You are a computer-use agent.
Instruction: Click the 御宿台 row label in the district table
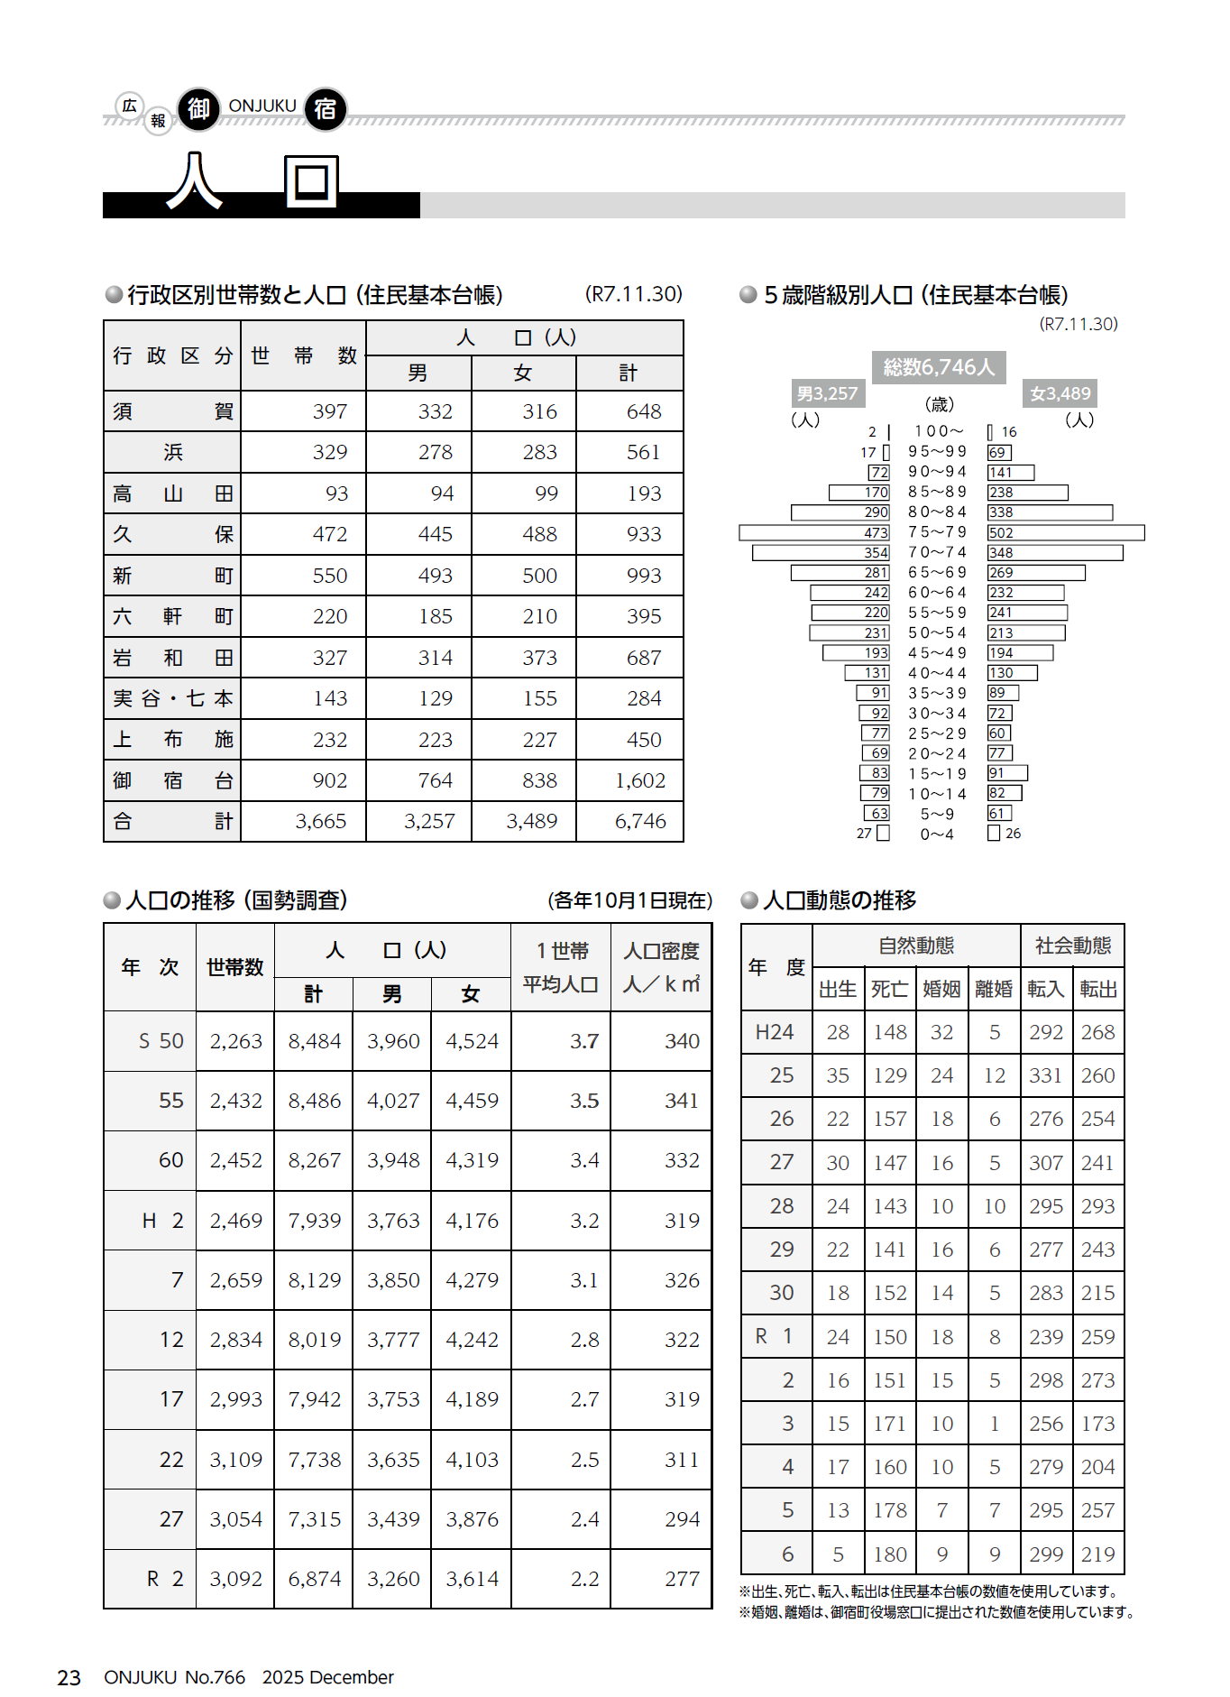(172, 780)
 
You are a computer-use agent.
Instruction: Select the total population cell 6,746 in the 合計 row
(640, 821)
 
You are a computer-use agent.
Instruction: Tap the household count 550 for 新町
(330, 576)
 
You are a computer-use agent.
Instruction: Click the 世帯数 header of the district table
(303, 355)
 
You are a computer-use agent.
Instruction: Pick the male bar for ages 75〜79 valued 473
(814, 532)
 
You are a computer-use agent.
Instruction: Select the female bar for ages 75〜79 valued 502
(1065, 532)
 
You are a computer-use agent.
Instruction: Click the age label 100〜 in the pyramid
(938, 431)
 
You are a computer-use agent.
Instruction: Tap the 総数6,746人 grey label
(939, 367)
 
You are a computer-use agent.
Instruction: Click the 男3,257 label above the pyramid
(827, 393)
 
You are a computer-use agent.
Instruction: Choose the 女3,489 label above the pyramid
(1060, 393)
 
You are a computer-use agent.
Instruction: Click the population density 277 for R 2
(682, 1579)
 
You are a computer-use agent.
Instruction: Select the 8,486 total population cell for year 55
(314, 1101)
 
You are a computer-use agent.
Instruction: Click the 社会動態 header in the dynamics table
(1072, 945)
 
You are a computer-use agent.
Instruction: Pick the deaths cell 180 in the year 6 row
(890, 1554)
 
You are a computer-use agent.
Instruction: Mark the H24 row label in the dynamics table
(775, 1032)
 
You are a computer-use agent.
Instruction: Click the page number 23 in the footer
(69, 1677)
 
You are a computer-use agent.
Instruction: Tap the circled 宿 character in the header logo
(326, 109)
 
